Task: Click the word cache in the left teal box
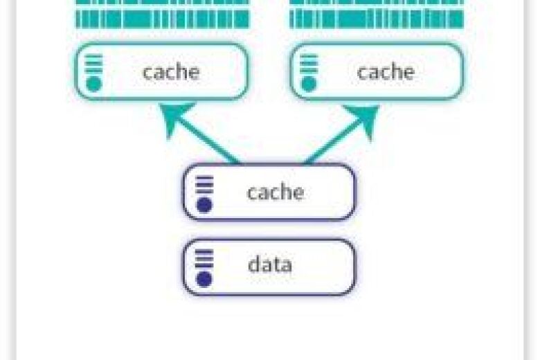pyautogui.click(x=171, y=72)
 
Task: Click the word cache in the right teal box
pyautogui.click(x=386, y=72)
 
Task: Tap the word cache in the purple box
pyautogui.click(x=275, y=192)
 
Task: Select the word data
pyautogui.click(x=269, y=264)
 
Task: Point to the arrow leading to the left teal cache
pyautogui.click(x=201, y=136)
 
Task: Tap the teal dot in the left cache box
pyautogui.click(x=94, y=84)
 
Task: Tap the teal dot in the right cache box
pyautogui.click(x=309, y=84)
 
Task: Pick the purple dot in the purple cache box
pyautogui.click(x=204, y=205)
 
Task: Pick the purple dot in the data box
pyautogui.click(x=204, y=278)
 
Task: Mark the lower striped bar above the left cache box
pyautogui.click(x=162, y=19)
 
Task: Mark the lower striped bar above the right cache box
pyautogui.click(x=376, y=19)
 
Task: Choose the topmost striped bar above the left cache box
pyautogui.click(x=162, y=3)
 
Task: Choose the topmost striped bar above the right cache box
pyautogui.click(x=376, y=3)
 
